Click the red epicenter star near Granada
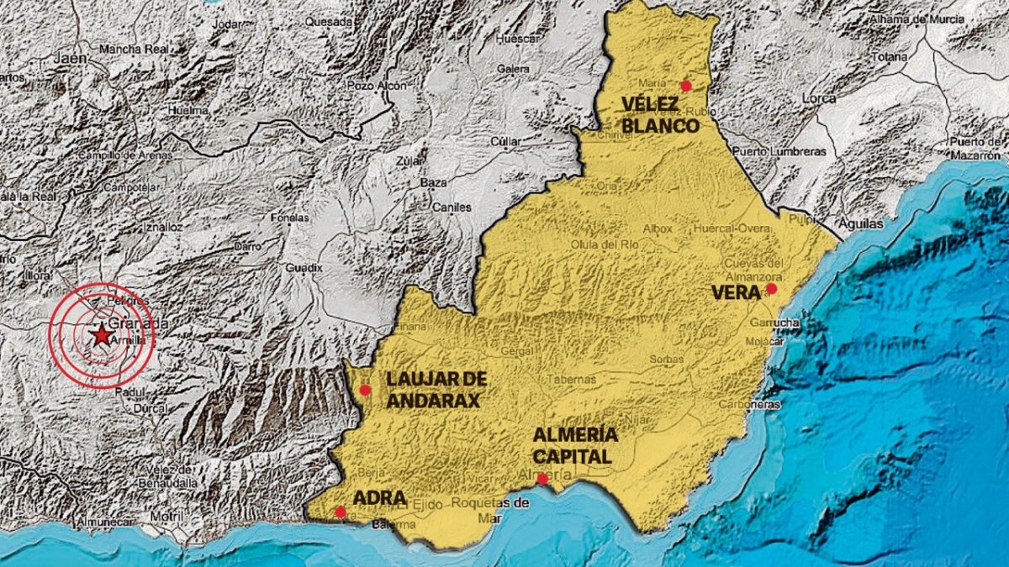(x=101, y=335)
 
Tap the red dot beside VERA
(x=771, y=288)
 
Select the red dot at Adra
(x=340, y=512)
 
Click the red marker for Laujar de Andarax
(x=365, y=390)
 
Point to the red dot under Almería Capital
(x=542, y=479)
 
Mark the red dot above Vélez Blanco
(x=686, y=86)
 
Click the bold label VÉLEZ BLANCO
(x=660, y=115)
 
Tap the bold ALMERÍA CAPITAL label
(x=575, y=445)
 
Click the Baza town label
(x=433, y=182)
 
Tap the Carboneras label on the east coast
(x=749, y=405)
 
